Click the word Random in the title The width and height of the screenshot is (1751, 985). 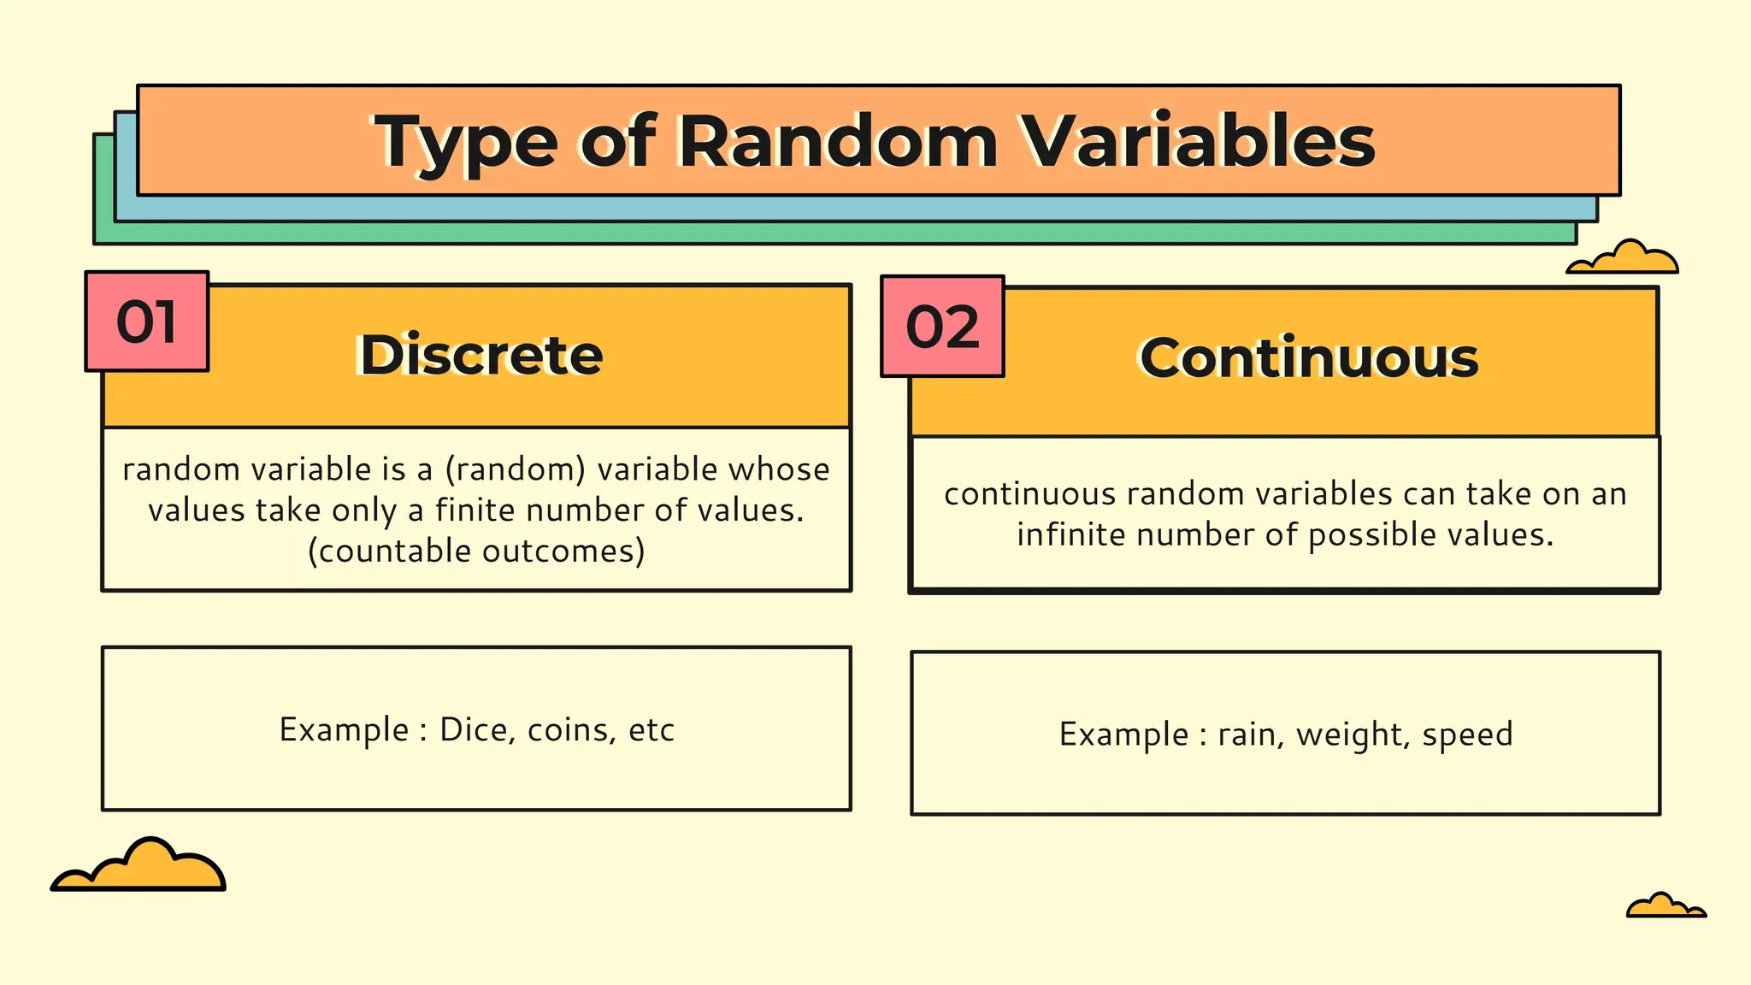click(x=838, y=141)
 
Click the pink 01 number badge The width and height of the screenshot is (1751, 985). click(x=147, y=322)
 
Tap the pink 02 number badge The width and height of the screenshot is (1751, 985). click(x=942, y=327)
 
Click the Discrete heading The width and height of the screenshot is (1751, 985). click(x=481, y=355)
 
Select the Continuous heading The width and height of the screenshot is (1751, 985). click(x=1309, y=357)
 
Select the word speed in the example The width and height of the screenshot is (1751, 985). click(x=1467, y=734)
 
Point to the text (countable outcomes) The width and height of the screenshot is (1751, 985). click(x=476, y=551)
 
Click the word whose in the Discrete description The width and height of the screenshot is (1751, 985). click(x=791, y=469)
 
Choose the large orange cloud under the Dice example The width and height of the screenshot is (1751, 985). click(x=139, y=867)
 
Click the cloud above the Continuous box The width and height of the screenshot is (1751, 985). click(x=1623, y=259)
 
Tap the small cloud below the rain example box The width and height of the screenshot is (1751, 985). click(x=1665, y=906)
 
